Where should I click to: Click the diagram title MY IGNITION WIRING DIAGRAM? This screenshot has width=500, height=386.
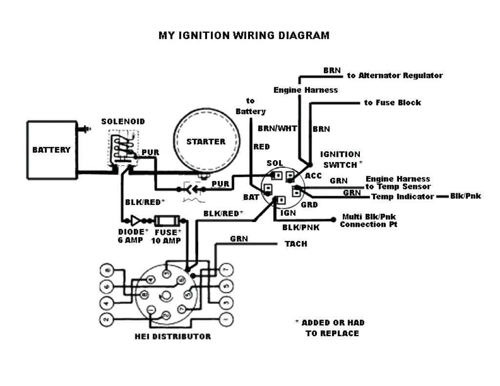tap(244, 36)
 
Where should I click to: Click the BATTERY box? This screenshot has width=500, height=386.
tap(51, 150)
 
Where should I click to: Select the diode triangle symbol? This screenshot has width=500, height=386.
tap(134, 220)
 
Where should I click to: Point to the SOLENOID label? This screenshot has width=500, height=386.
tap(123, 122)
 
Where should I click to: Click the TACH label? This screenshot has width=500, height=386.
tap(296, 244)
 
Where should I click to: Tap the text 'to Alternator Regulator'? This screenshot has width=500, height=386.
tap(395, 76)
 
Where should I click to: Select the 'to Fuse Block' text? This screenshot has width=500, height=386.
tap(392, 103)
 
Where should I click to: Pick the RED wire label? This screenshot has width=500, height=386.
tap(262, 146)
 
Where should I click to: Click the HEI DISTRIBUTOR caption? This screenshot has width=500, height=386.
tap(173, 336)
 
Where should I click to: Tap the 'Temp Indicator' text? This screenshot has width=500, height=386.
tap(402, 197)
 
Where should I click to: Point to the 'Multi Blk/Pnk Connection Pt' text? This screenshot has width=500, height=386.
tap(368, 221)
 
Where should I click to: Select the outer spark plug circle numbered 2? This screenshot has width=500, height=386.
tap(106, 320)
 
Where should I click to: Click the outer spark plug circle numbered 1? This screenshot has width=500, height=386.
tap(225, 320)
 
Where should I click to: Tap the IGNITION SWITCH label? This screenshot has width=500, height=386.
tap(341, 160)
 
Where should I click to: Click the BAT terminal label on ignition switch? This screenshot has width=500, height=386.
tap(250, 197)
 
